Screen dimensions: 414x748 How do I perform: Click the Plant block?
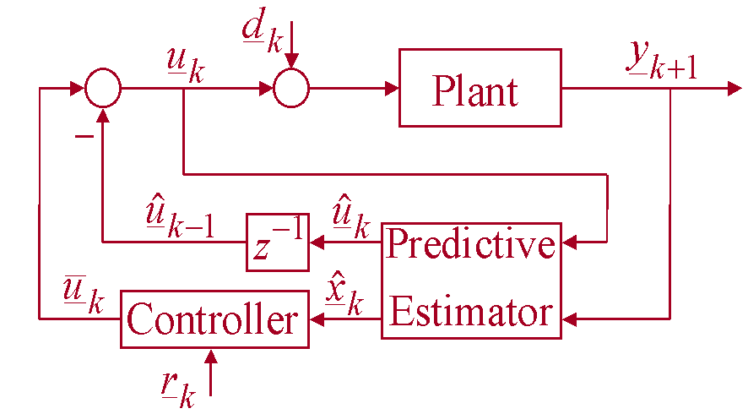(480, 88)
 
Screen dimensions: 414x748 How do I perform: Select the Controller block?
(214, 319)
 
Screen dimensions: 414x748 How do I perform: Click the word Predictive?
(471, 244)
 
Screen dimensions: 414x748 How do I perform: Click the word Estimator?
(471, 313)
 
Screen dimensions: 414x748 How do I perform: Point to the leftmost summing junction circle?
(103, 88)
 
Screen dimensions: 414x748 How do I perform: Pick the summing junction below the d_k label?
(290, 88)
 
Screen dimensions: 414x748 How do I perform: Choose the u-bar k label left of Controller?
(83, 295)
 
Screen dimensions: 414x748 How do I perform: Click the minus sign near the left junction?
(84, 136)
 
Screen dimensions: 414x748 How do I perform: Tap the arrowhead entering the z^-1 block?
(317, 242)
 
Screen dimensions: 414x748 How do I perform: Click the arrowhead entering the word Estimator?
(569, 319)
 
